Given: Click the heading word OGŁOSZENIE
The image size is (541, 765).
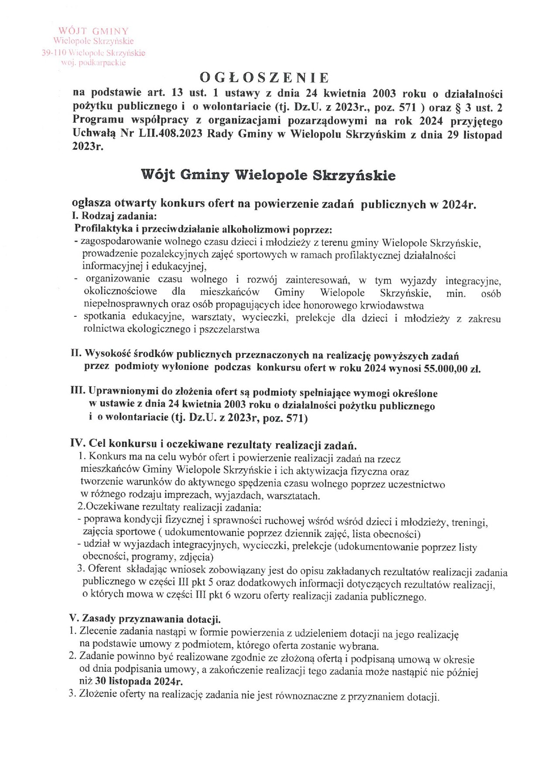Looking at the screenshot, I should click(264, 78).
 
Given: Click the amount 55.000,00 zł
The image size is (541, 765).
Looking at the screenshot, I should click(452, 368).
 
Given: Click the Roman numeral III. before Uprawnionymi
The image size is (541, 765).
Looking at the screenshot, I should click(79, 393).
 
